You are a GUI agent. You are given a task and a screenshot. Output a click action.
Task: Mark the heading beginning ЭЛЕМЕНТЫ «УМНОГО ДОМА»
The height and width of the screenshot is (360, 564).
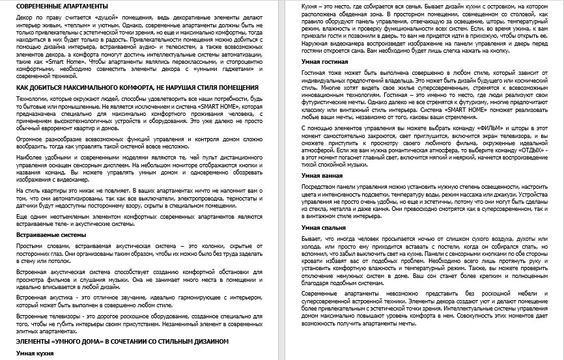point(122,340)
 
